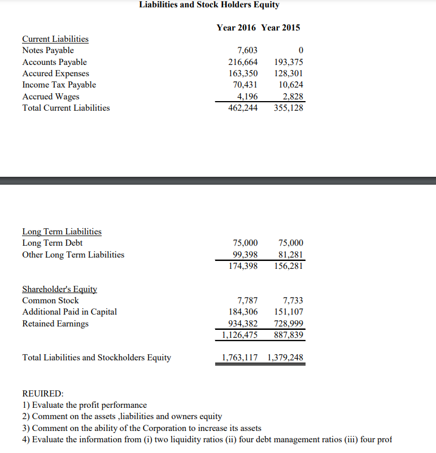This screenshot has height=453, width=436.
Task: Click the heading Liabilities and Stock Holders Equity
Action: (209, 5)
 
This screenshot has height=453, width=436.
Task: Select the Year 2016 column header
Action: (237, 27)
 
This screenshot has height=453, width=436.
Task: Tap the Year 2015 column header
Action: (281, 27)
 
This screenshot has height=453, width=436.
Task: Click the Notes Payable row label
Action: (48, 50)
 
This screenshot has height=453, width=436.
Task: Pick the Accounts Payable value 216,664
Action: (243, 62)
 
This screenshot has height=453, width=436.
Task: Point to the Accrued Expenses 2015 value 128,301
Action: (288, 73)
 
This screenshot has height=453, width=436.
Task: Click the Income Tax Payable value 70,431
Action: (245, 85)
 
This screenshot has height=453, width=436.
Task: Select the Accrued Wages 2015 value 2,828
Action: (293, 96)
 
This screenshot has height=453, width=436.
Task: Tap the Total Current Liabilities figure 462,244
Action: (243, 108)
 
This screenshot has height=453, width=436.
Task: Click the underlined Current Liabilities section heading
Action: (55, 39)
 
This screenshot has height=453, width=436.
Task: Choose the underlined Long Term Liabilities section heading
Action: (62, 232)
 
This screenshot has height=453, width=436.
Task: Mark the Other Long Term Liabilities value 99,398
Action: (245, 255)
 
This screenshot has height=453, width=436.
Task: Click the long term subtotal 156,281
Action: (288, 266)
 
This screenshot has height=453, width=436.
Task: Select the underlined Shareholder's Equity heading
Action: (60, 289)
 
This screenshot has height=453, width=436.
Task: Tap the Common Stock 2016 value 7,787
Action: (247, 300)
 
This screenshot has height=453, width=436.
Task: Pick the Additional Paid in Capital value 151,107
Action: (288, 312)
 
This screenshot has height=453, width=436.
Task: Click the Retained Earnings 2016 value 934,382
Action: (243, 324)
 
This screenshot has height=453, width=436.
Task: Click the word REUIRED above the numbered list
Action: (43, 393)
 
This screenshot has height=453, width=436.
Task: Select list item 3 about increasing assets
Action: (141, 428)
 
